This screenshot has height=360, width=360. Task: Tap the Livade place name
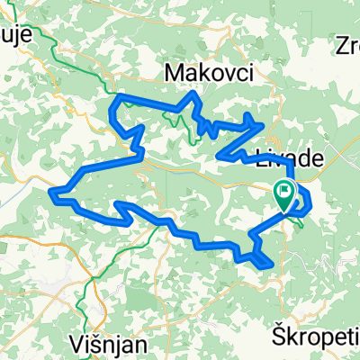click(290, 157)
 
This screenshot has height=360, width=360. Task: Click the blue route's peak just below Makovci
click(193, 94)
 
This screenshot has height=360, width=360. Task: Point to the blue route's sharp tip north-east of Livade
click(263, 124)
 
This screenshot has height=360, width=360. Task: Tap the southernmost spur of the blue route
click(266, 265)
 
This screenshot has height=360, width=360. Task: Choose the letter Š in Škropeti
click(278, 336)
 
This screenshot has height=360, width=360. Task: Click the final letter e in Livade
click(318, 157)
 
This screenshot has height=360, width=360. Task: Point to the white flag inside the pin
click(287, 190)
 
